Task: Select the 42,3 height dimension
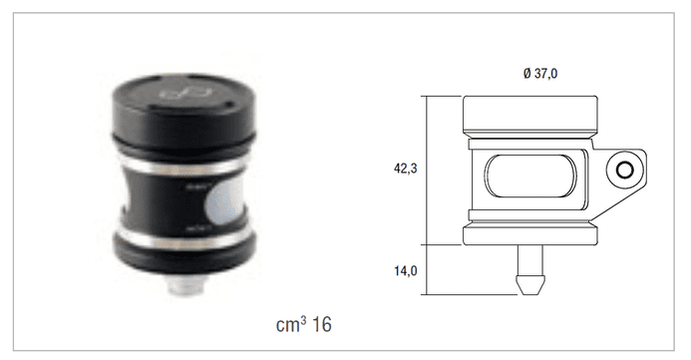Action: click(x=405, y=169)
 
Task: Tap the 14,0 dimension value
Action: click(x=405, y=269)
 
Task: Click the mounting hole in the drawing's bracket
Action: click(x=625, y=171)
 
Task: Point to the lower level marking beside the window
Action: click(x=197, y=228)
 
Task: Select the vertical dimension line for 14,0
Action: click(x=427, y=269)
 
